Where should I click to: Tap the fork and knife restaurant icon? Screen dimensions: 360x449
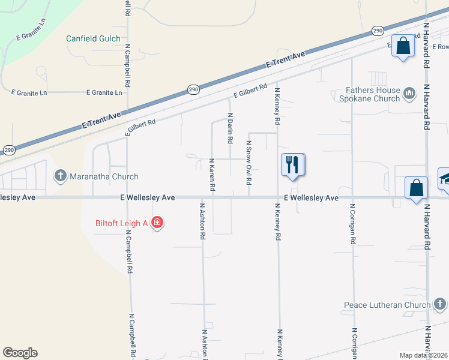[293, 165]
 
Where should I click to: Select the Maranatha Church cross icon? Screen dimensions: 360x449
[60, 176]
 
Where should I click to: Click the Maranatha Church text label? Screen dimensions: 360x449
[104, 176]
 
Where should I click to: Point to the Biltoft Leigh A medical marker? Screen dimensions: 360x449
[157, 223]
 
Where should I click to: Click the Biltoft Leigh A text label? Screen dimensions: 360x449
[122, 223]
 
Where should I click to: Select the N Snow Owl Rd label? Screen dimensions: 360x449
[249, 163]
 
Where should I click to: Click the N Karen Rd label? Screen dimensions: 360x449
[212, 175]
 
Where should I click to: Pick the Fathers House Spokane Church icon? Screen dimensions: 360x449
[409, 93]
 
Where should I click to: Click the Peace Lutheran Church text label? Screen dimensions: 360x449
[387, 305]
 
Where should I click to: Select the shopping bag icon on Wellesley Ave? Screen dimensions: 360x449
[416, 188]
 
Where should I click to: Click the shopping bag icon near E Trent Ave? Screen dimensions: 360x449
[403, 45]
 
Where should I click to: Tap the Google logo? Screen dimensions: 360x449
[20, 353]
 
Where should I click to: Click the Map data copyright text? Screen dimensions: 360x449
[423, 355]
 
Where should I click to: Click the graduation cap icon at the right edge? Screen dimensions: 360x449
[445, 179]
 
